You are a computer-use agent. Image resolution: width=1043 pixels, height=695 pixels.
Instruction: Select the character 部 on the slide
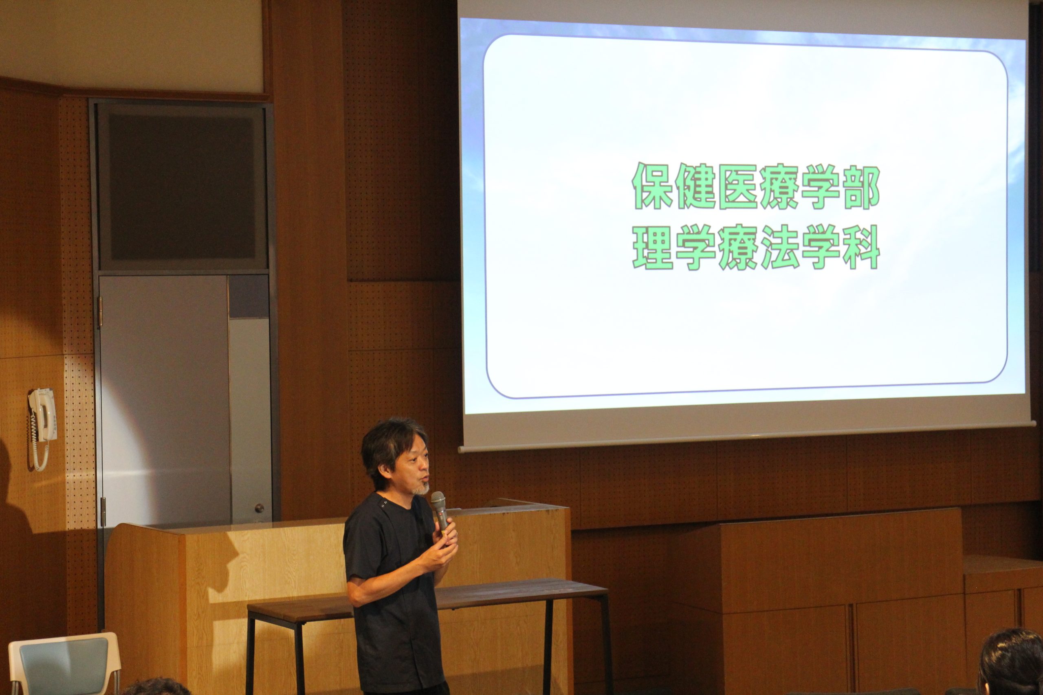pos(862,186)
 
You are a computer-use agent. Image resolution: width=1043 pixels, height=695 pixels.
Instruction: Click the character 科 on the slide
pos(862,246)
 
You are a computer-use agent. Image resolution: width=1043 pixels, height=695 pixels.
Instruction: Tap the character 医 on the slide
pos(737,186)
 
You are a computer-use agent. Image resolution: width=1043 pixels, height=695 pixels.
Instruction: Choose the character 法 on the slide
pos(779,246)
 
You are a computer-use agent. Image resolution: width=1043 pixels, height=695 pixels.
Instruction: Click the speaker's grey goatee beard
pos(420,489)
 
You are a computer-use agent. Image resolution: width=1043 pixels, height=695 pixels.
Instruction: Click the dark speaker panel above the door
pos(182,187)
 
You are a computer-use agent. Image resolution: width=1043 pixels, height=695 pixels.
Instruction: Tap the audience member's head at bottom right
pos(1011,663)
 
